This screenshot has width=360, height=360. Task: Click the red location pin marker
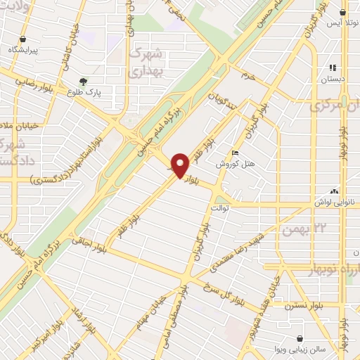(x=181, y=165)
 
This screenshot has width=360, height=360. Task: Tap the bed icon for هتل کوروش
(x=235, y=153)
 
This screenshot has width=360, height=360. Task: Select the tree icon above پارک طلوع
(x=83, y=82)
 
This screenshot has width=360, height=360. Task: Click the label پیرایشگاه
(x=22, y=50)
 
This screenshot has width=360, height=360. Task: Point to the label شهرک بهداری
(x=147, y=62)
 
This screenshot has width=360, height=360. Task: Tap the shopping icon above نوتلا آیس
(x=342, y=13)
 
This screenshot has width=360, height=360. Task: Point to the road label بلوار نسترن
(x=302, y=306)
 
